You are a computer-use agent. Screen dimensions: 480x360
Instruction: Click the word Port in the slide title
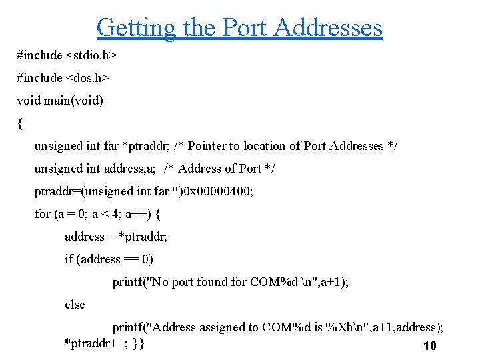pyautogui.click(x=244, y=28)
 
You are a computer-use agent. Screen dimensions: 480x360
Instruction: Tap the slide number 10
pyautogui.click(x=429, y=346)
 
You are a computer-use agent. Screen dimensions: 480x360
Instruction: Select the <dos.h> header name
pyautogui.click(x=87, y=78)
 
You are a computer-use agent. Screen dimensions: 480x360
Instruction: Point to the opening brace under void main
pyautogui.click(x=20, y=123)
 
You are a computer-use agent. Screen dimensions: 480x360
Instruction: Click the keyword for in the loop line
pyautogui.click(x=42, y=214)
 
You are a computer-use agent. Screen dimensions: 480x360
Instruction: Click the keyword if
pyautogui.click(x=69, y=259)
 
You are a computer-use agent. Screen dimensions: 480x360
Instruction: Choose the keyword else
pyautogui.click(x=75, y=305)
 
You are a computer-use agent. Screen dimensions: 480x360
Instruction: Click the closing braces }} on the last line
pyautogui.click(x=138, y=343)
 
